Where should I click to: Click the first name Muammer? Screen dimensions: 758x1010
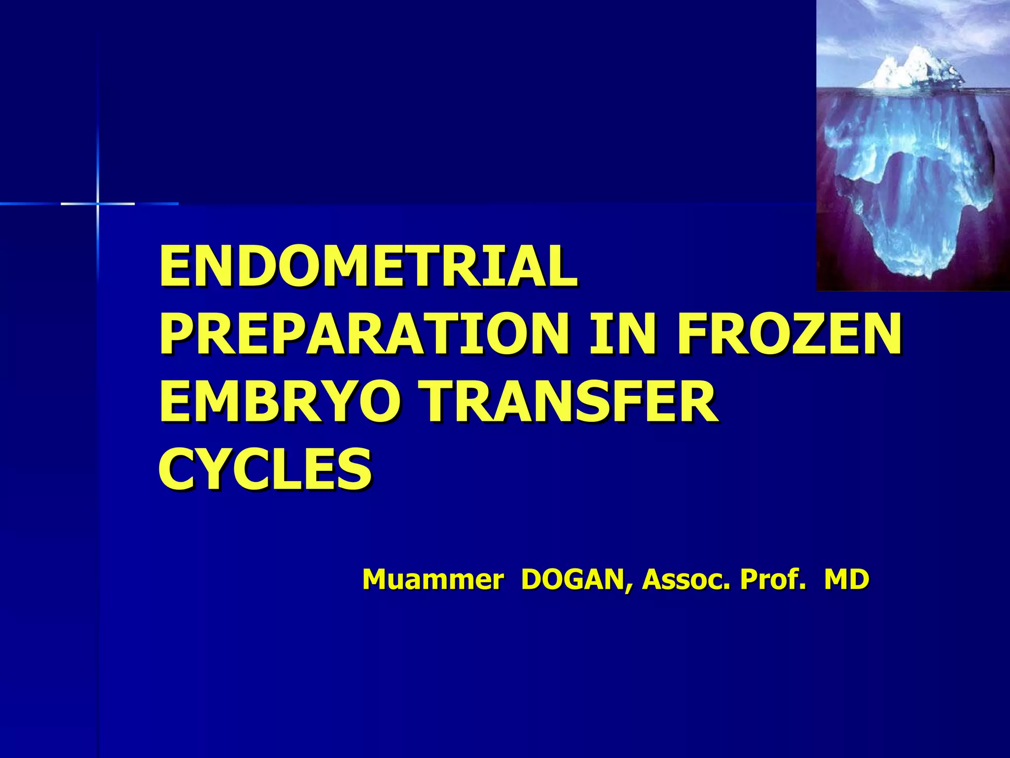tap(433, 579)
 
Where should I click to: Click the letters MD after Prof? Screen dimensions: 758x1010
tap(846, 579)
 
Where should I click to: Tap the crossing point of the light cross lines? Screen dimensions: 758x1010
tap(98, 203)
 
